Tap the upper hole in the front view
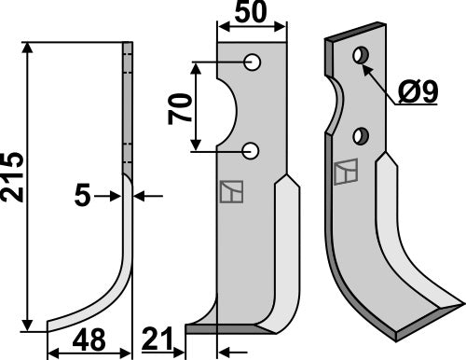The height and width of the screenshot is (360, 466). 252,62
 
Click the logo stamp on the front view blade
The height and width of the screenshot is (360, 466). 230,190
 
